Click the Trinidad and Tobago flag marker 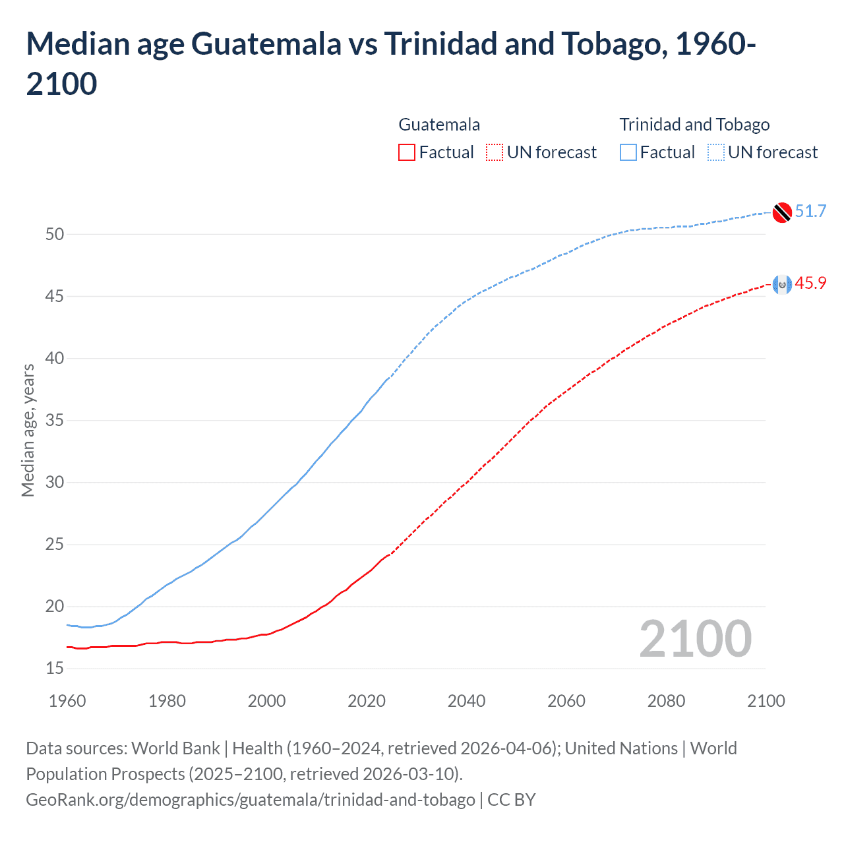click(x=782, y=212)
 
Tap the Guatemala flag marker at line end click(x=782, y=284)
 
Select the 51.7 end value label click(x=810, y=211)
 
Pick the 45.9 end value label click(x=810, y=283)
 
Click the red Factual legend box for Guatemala click(x=407, y=152)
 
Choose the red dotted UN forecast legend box click(x=495, y=152)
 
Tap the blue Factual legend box click(x=628, y=152)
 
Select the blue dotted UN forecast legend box click(x=716, y=152)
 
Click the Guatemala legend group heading click(x=439, y=125)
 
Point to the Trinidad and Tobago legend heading click(x=694, y=125)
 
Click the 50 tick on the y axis click(x=55, y=234)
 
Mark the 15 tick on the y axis click(x=55, y=669)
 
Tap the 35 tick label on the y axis click(x=55, y=420)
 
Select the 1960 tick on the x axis click(x=67, y=701)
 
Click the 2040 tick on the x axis click(x=466, y=701)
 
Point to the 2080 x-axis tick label click(x=666, y=701)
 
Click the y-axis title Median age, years click(x=28, y=430)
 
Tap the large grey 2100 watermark click(x=695, y=639)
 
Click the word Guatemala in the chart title click(x=266, y=44)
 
